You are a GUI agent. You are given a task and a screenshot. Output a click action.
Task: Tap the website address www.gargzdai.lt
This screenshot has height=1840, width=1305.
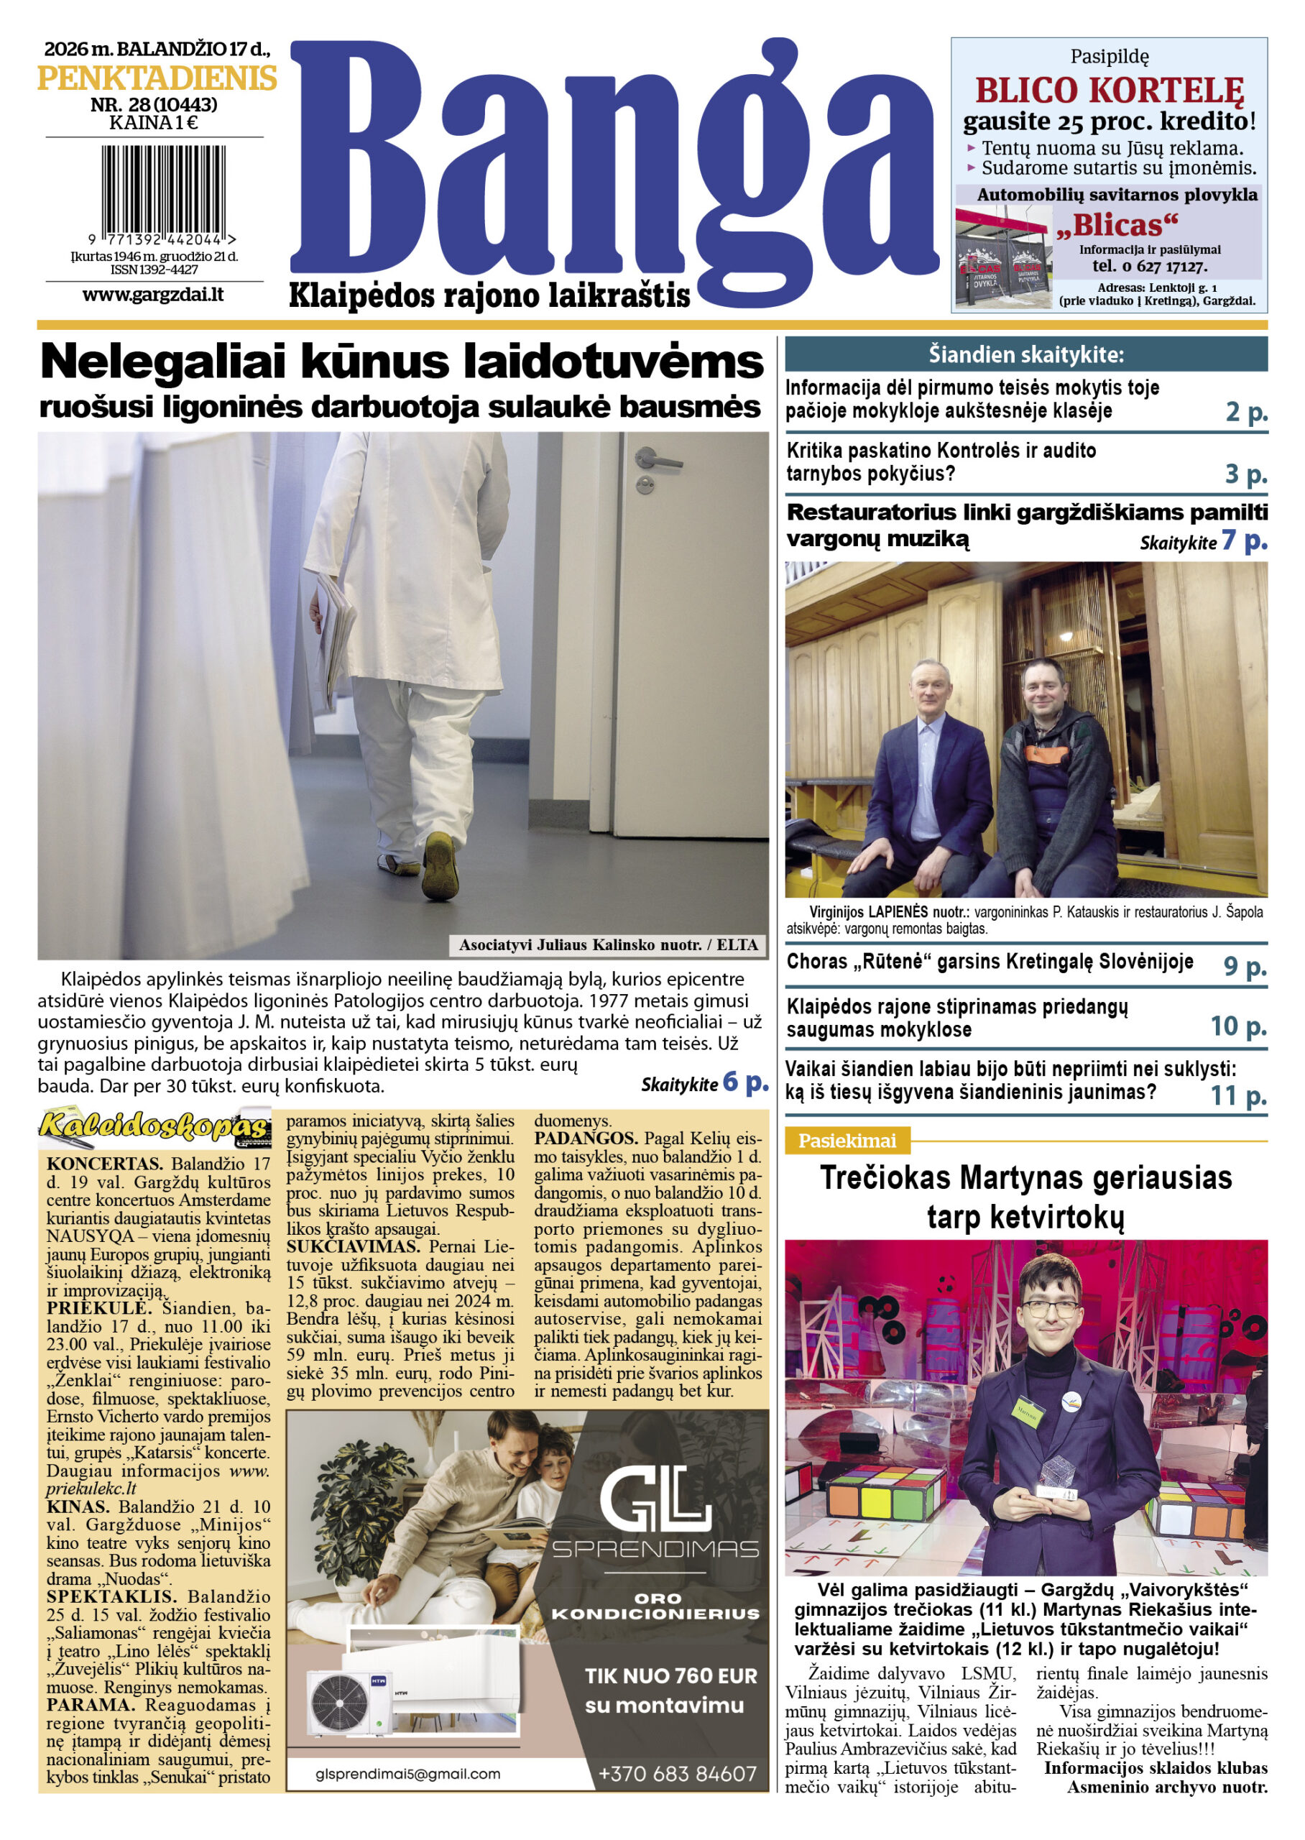point(152,294)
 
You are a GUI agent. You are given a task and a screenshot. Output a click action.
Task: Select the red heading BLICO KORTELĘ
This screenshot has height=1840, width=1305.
point(1109,91)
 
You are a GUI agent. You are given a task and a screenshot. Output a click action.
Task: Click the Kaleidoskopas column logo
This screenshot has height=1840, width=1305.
point(155,1129)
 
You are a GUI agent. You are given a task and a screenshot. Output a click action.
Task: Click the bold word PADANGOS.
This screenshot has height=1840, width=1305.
point(586,1138)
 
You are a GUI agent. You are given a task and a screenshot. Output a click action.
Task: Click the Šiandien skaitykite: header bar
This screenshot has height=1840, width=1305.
point(1025,354)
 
